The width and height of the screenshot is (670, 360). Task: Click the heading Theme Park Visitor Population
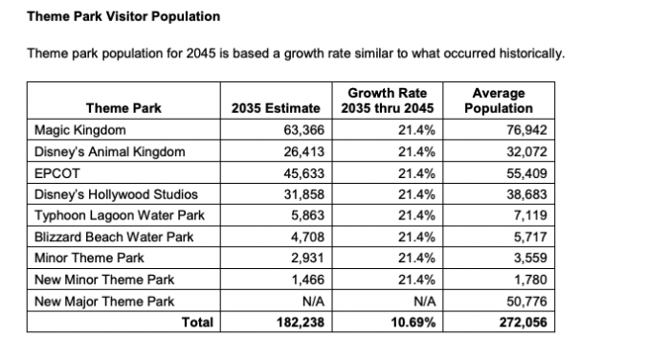(123, 16)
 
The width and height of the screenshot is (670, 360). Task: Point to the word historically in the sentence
(532, 54)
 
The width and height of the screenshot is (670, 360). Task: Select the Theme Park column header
(123, 108)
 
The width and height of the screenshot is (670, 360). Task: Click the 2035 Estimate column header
(276, 108)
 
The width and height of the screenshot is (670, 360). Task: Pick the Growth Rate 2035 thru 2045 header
(387, 101)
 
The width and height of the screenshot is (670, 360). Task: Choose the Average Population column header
(499, 101)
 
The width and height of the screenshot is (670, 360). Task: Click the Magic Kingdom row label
(79, 130)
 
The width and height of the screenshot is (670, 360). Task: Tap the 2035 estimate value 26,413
(303, 152)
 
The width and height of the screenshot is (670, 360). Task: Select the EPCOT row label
(56, 173)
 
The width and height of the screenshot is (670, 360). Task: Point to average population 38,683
(526, 194)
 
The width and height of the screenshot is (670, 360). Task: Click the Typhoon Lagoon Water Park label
(120, 215)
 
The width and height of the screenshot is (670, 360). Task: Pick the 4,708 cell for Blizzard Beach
(307, 236)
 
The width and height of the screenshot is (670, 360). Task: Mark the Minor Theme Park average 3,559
(530, 258)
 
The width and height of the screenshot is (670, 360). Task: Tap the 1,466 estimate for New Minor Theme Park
(307, 280)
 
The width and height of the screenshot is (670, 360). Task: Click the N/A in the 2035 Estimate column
(313, 302)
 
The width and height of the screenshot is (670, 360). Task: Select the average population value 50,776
(526, 302)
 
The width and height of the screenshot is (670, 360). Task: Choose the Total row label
(197, 322)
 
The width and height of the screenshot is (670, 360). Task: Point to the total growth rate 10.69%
(413, 322)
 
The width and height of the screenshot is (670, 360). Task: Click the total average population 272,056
(523, 322)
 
